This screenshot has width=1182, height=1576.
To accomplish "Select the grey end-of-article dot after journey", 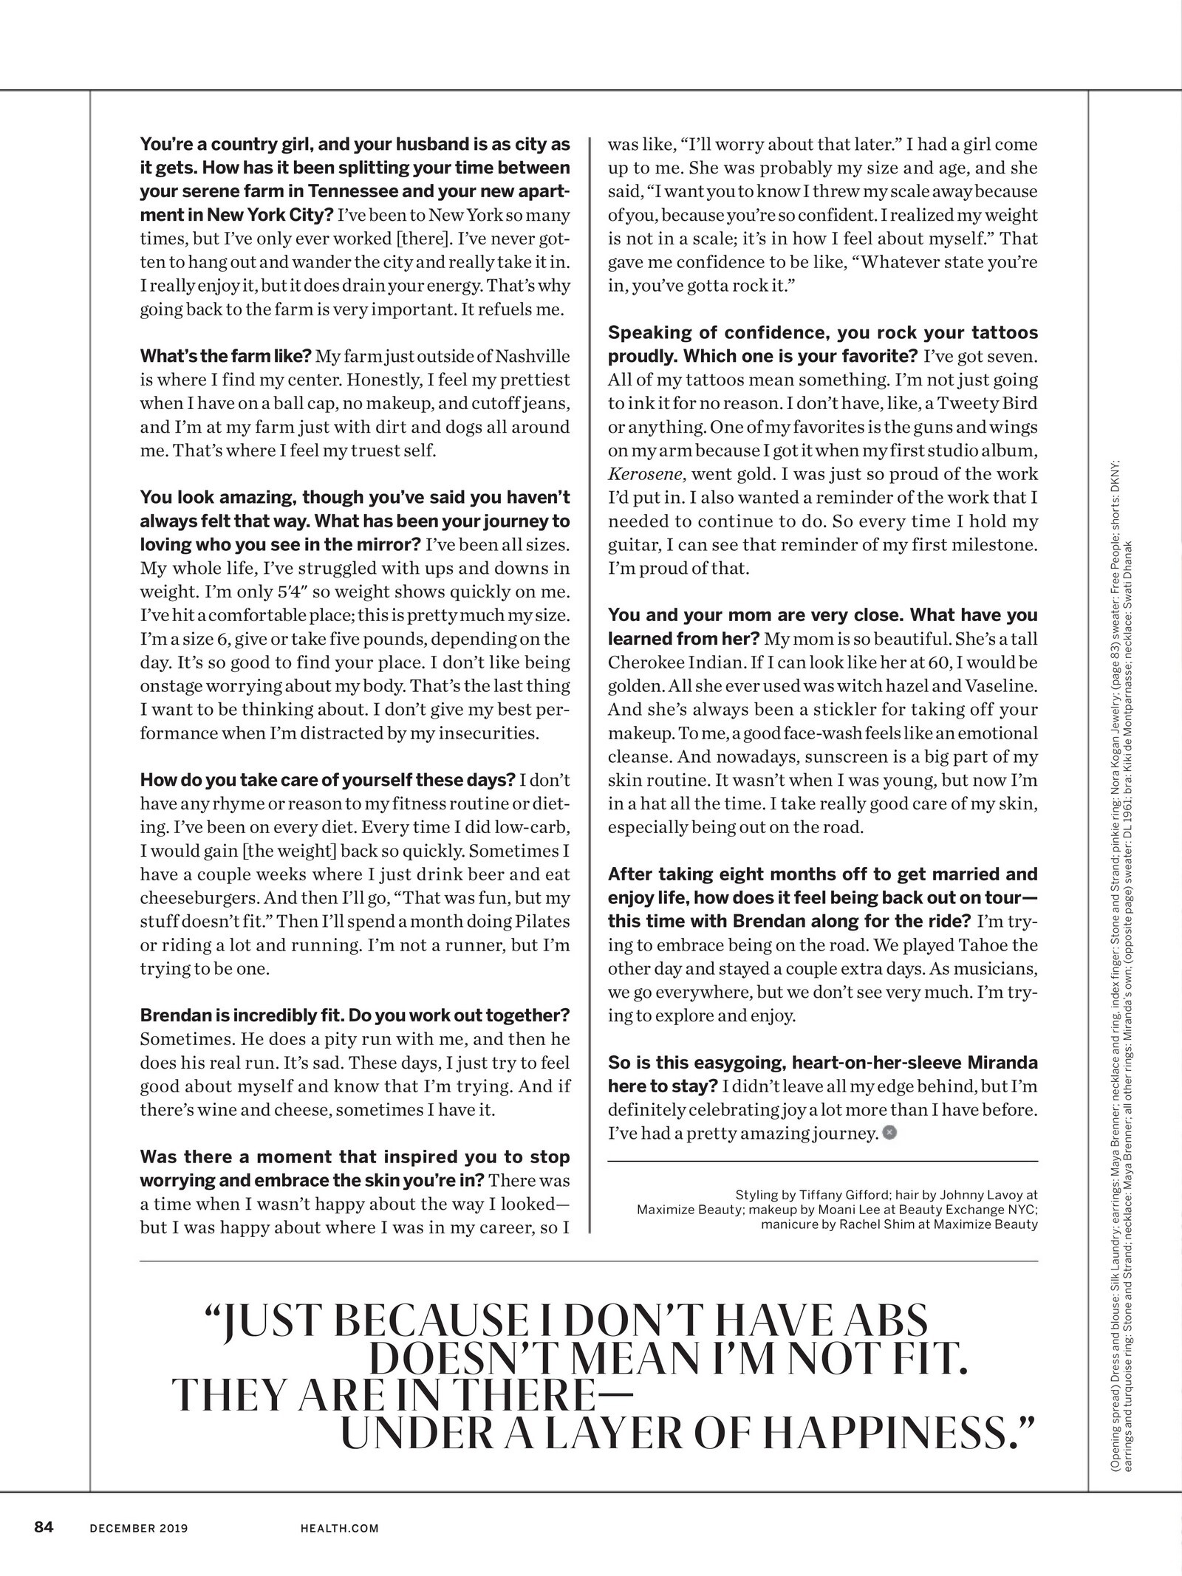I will [x=889, y=1132].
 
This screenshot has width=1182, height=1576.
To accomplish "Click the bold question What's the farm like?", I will [x=225, y=356].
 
